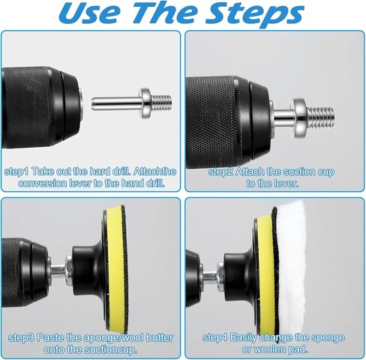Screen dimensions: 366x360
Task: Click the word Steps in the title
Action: pyautogui.click(x=255, y=13)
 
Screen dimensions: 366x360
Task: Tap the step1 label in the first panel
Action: pyautogui.click(x=17, y=172)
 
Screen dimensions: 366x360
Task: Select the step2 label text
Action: pyautogui.click(x=221, y=172)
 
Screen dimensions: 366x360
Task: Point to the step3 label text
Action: pyautogui.click(x=21, y=338)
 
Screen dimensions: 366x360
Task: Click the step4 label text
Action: pyautogui.click(x=215, y=337)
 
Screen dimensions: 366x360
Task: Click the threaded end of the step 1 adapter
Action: pyautogui.click(x=161, y=103)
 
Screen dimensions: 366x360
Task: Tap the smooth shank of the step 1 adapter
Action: pyautogui.click(x=115, y=103)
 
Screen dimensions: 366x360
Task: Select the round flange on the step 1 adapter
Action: pyautogui.click(x=145, y=103)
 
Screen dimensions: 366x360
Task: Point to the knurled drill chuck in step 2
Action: pyautogui.click(x=217, y=122)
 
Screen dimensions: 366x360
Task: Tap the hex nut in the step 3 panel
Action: pyautogui.click(x=69, y=271)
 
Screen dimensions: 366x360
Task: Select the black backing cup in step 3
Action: pyautogui.click(x=88, y=270)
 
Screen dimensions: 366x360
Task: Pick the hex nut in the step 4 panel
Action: pyautogui.click(x=220, y=277)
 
